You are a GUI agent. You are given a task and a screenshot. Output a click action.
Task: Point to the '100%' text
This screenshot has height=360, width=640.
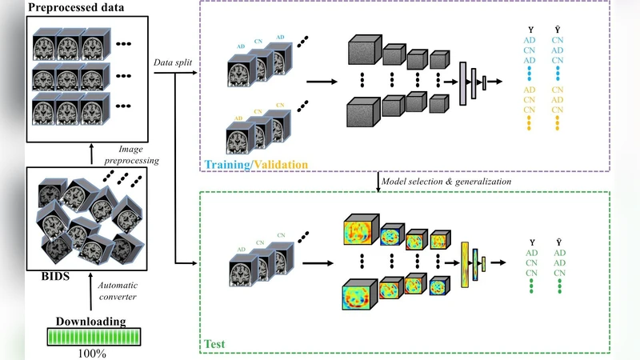[x=90, y=352]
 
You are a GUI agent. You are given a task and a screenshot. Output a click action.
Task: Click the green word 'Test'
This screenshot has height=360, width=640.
[x=214, y=344]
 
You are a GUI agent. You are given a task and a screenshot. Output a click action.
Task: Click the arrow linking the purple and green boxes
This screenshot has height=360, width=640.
[x=377, y=182]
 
